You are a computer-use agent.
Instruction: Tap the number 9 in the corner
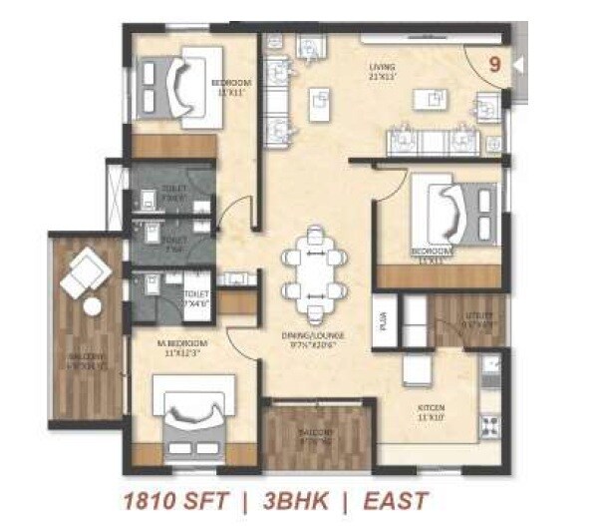point(492,63)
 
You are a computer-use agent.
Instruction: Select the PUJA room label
point(383,320)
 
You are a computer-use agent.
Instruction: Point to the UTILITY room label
point(477,319)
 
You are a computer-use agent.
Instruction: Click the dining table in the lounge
point(313,267)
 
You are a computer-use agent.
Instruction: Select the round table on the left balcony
point(93,306)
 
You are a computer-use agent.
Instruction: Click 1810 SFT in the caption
point(172,500)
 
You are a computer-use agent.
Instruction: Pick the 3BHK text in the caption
point(289,500)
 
